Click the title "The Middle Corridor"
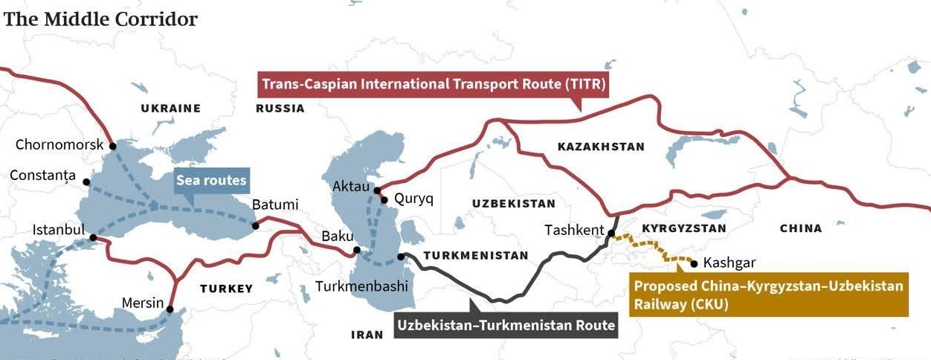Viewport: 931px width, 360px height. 100,19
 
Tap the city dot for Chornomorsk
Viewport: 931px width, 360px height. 112,146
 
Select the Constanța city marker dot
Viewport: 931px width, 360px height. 86,181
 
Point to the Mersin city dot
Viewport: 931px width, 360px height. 170,309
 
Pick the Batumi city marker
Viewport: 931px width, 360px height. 255,225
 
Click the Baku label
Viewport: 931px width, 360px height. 337,237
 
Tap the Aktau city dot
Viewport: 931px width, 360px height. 377,190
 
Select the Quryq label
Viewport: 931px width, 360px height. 413,199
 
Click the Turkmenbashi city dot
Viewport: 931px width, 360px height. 401,257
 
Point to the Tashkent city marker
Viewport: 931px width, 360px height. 611,234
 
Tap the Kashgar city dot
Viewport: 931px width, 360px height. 694,263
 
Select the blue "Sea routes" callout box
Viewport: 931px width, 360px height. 210,181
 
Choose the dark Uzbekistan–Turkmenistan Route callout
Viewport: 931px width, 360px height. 506,325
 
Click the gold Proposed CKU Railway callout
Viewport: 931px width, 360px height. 768,295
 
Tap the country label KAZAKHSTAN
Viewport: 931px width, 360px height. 601,147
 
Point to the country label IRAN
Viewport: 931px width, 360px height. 367,335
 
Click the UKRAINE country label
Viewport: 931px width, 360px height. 170,109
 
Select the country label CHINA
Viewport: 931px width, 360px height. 801,228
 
